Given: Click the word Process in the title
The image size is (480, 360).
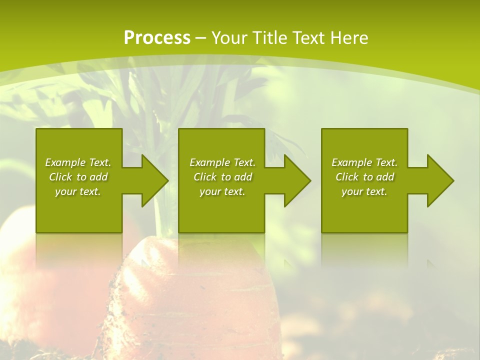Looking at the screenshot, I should (x=157, y=37).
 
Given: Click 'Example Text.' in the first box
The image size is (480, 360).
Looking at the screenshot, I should (x=78, y=162).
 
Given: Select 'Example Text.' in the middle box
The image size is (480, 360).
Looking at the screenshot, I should (x=222, y=162).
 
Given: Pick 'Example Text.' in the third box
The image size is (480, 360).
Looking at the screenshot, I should (x=364, y=162).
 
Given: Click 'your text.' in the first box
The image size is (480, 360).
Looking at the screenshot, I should (x=78, y=191).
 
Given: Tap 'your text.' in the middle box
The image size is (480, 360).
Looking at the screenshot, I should (x=222, y=191).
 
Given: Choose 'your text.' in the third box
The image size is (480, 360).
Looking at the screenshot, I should (x=364, y=191).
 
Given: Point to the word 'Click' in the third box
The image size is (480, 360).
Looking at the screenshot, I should (x=347, y=177).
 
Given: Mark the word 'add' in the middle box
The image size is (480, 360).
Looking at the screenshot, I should (x=243, y=177).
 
